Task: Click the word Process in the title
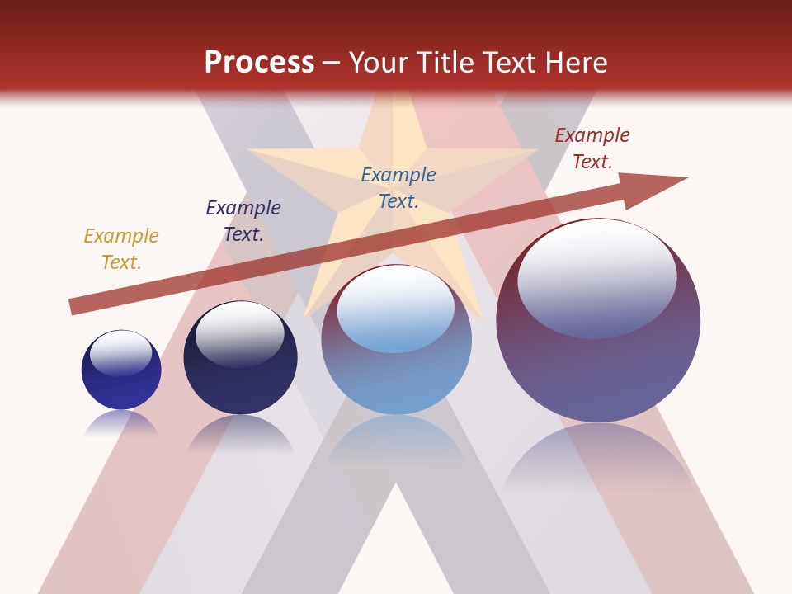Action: (259, 62)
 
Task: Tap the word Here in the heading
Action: (574, 62)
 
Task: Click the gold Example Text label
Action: (121, 249)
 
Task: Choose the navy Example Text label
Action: (243, 221)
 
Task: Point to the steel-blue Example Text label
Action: (398, 188)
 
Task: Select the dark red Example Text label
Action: (592, 148)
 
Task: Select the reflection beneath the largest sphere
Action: (598, 462)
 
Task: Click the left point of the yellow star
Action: (256, 150)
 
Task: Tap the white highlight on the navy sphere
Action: (239, 330)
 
